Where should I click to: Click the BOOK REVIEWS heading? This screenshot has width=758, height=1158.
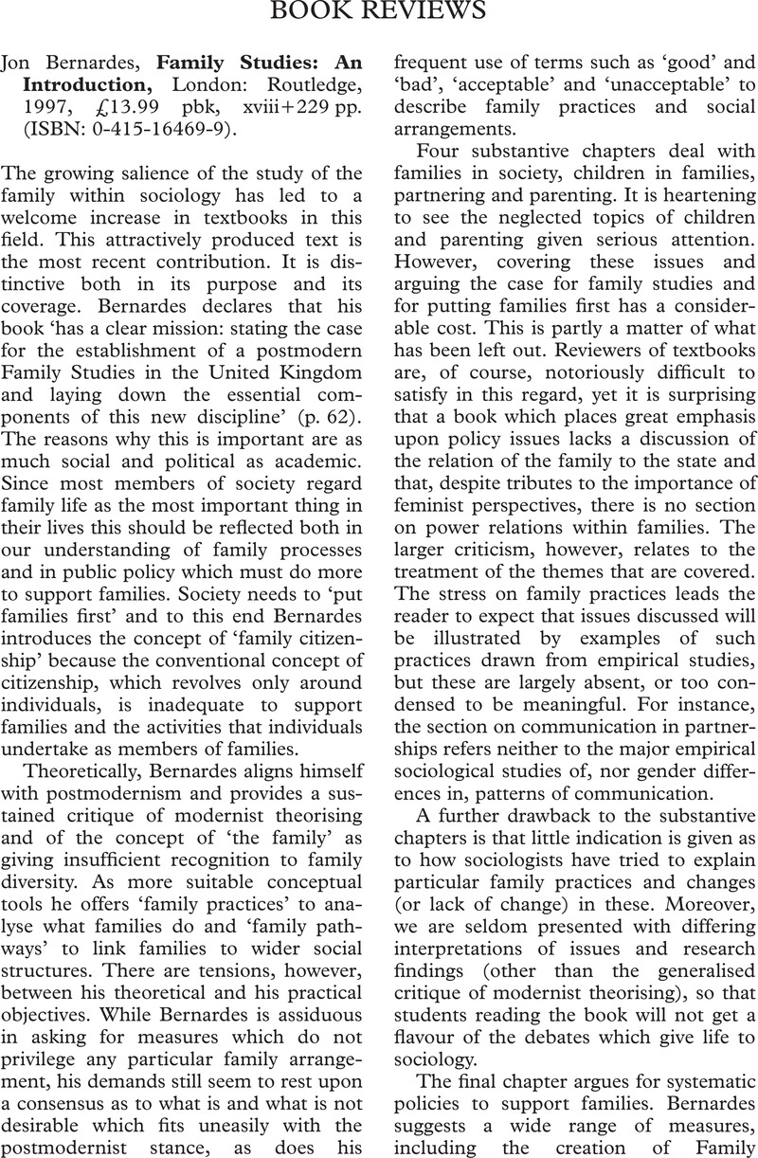(x=378, y=12)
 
